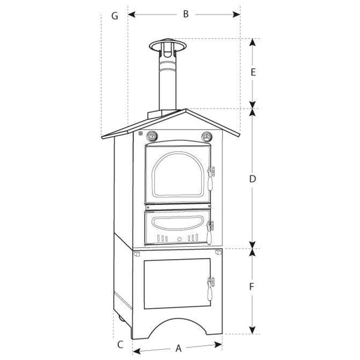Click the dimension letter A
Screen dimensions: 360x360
[179, 348]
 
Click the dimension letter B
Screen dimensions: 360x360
[185, 14]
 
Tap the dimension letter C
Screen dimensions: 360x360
[120, 344]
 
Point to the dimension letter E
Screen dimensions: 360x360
[253, 73]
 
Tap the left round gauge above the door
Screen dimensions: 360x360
[153, 137]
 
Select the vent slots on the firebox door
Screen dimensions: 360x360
[177, 239]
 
